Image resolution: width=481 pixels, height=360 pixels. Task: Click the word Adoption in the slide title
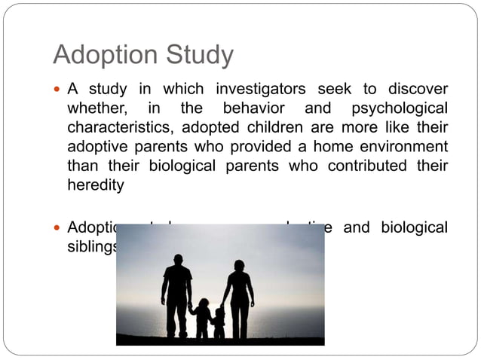pyautogui.click(x=103, y=56)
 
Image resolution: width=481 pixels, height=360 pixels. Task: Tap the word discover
pyautogui.click(x=418, y=88)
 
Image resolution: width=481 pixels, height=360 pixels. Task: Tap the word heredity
pyautogui.click(x=96, y=185)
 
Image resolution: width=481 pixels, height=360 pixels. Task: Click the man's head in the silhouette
pyautogui.click(x=177, y=261)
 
